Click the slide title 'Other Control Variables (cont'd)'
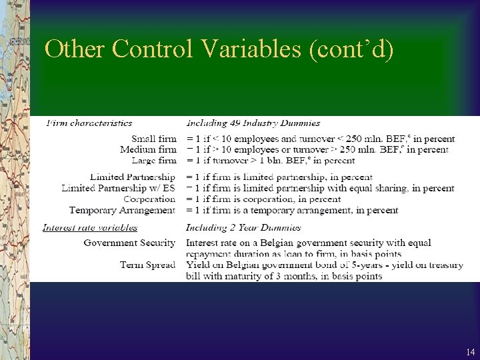coord(219,49)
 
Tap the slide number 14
coord(471,351)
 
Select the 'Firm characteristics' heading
coord(89,123)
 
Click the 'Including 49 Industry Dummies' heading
coord(253,123)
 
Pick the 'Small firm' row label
coord(153,139)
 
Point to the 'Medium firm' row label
coord(148,149)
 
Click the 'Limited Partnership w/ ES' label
coord(118,188)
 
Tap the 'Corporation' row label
coord(149,199)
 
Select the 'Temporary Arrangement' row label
coord(122,210)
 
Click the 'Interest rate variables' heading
coord(90,227)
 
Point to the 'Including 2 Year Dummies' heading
coord(243,227)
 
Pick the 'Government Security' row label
coord(129,243)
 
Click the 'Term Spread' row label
coord(147,265)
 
